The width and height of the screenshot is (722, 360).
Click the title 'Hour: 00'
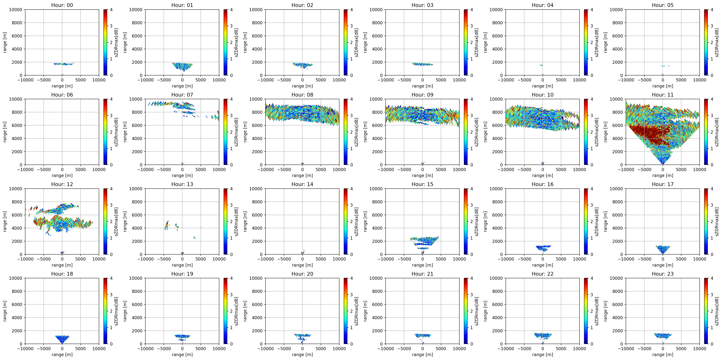[62, 5]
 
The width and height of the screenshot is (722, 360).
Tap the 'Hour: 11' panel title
[663, 95]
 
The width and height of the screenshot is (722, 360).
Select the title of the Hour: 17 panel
[663, 184]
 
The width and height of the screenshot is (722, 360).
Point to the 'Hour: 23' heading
[663, 274]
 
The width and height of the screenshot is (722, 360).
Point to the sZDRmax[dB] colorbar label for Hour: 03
[476, 42]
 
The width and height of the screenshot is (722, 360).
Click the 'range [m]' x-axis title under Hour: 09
[422, 175]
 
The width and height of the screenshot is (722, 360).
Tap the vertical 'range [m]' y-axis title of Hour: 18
[5, 311]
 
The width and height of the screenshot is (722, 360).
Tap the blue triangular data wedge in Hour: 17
[663, 249]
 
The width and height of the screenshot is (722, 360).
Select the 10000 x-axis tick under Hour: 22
[579, 349]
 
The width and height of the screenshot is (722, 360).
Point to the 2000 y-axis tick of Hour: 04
[498, 62]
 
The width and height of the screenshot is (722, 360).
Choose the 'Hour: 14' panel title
[302, 184]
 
